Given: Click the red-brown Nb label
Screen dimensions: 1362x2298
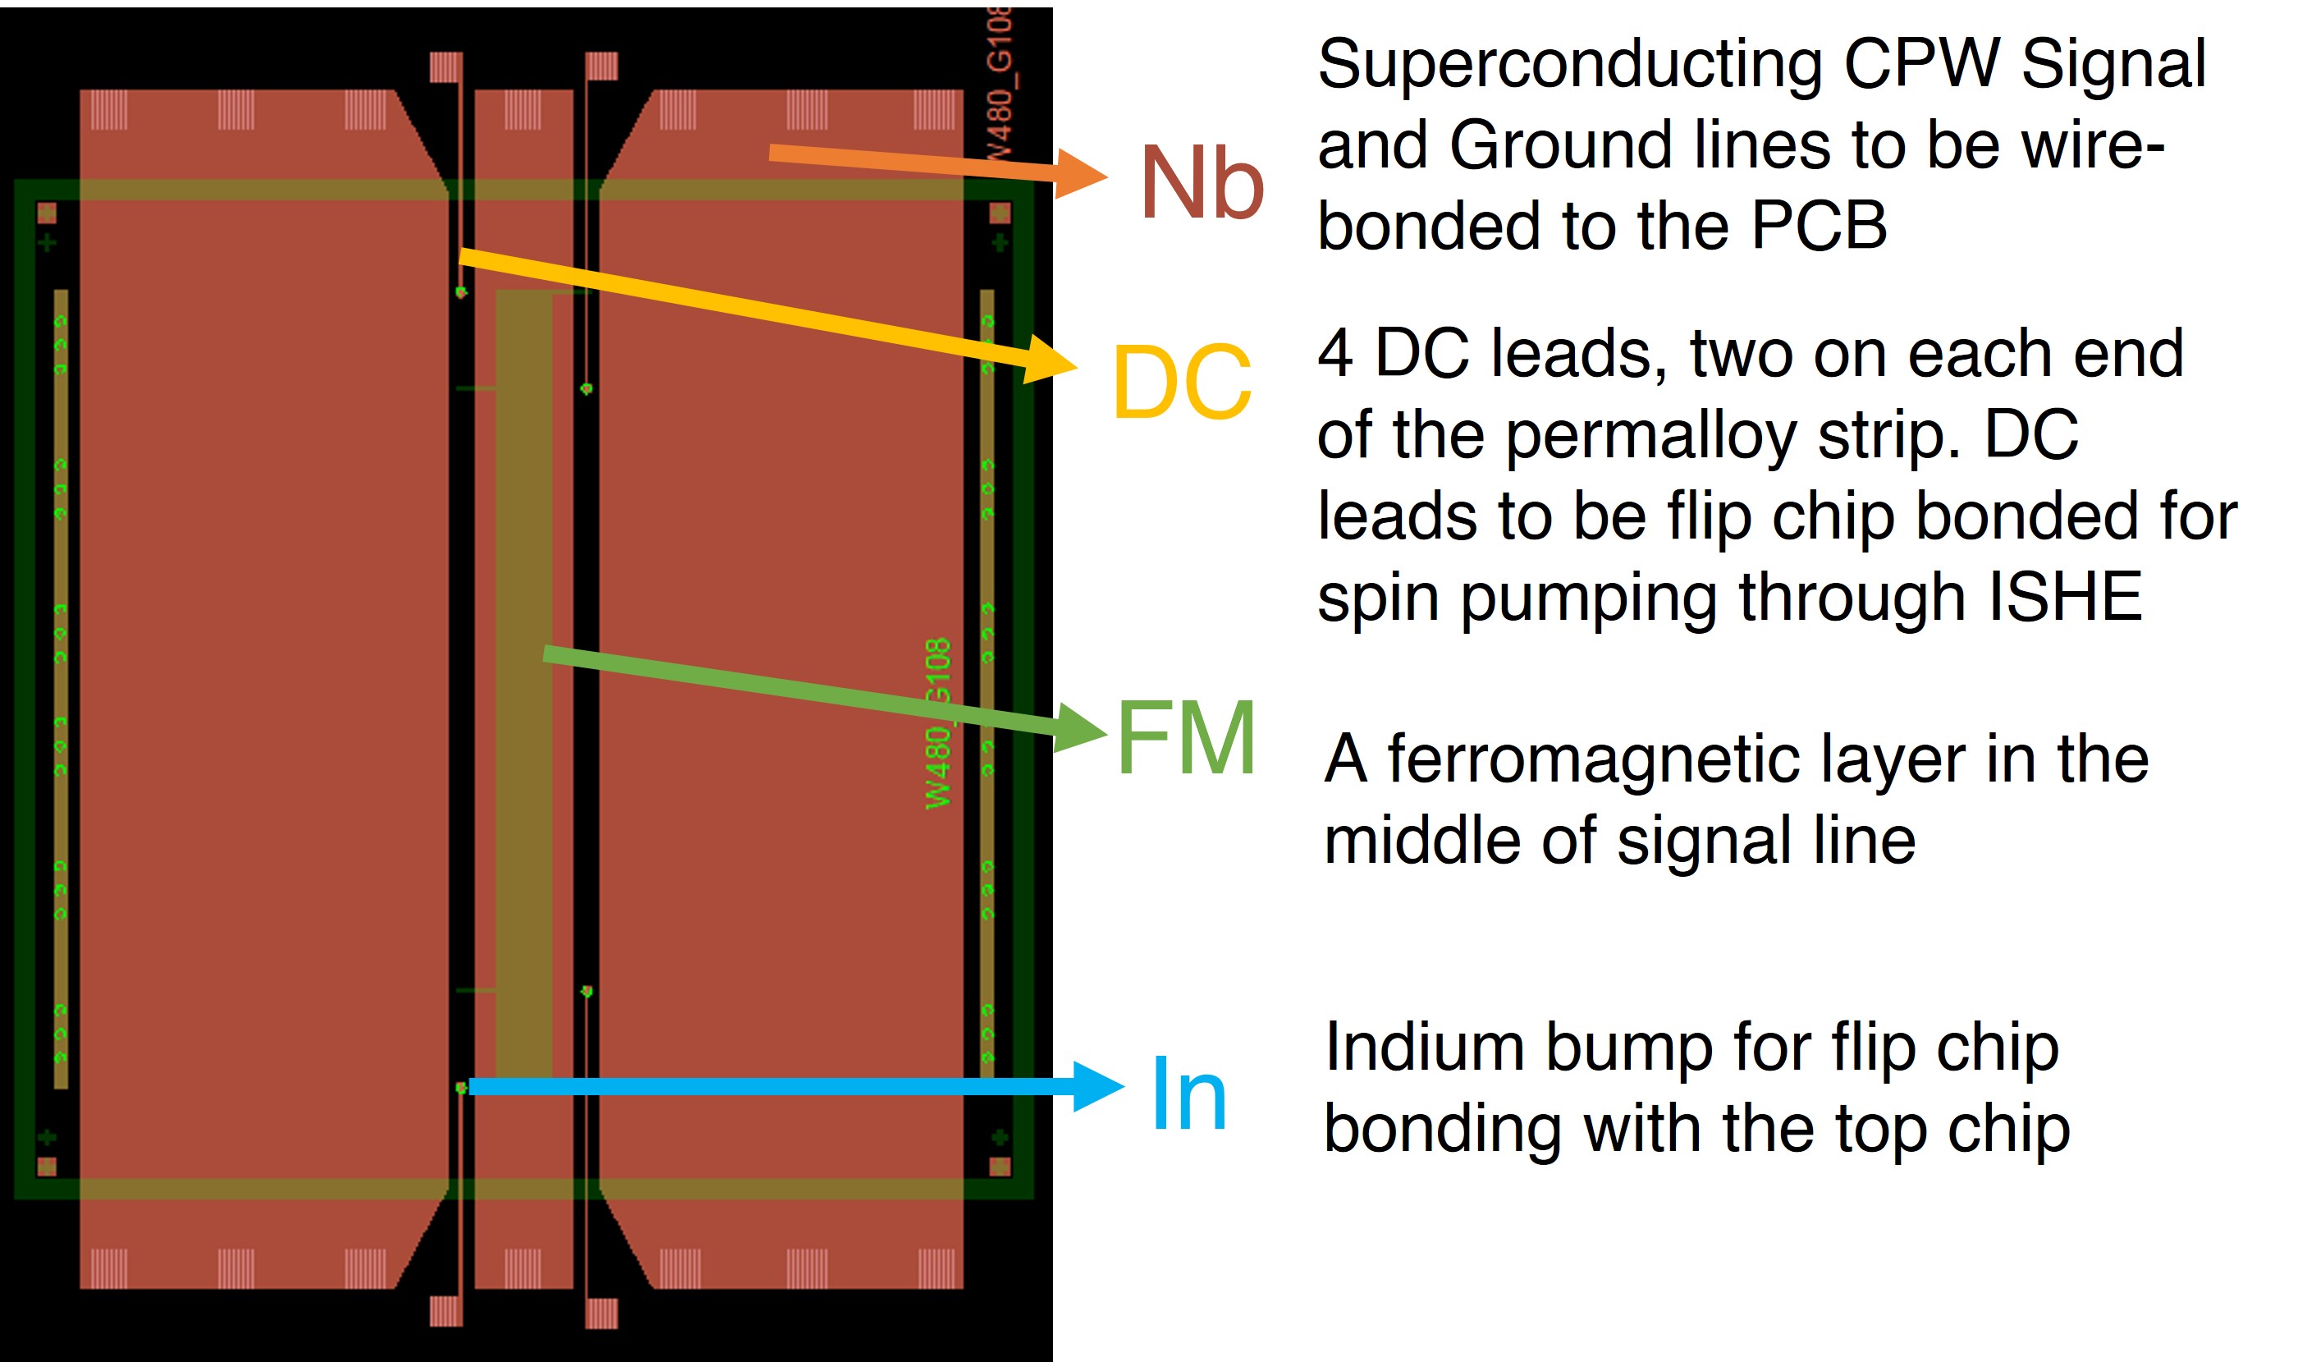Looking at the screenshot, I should (1201, 184).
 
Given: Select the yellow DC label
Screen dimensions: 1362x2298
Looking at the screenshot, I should (1181, 382).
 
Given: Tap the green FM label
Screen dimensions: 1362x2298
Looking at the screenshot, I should (1185, 737).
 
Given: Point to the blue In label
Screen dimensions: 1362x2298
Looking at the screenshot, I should (1188, 1094).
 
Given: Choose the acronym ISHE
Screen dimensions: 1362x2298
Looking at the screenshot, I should (2064, 598).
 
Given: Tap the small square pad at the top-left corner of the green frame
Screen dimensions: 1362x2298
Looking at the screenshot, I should (47, 213).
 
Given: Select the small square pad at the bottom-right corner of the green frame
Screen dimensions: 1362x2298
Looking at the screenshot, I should (1000, 1167).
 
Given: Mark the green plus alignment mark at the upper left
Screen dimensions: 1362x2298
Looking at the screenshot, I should (47, 242).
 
